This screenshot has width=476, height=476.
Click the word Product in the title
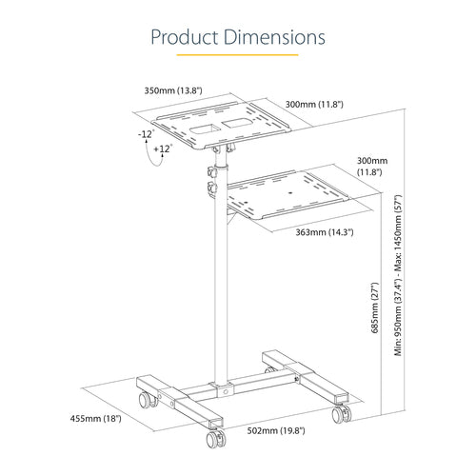(185, 37)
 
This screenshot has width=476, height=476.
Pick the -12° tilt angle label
(145, 134)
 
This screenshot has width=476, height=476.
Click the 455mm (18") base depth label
(96, 418)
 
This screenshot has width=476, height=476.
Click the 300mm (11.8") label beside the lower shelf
(372, 169)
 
